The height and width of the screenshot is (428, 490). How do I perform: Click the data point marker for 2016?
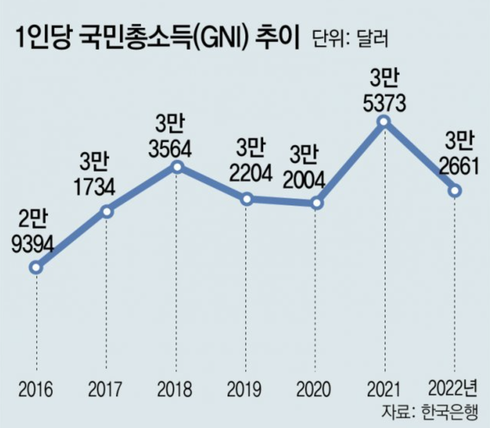point(36,267)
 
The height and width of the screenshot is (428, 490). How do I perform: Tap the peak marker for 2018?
point(177,167)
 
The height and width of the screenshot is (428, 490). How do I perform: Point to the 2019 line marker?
point(247,199)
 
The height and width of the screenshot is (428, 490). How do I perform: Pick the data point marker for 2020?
point(317,203)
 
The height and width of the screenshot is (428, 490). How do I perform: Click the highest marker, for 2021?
point(384,121)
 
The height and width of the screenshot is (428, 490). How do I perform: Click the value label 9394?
point(33,244)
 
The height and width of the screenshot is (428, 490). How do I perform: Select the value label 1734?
point(94,188)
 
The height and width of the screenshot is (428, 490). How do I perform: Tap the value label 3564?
point(170,149)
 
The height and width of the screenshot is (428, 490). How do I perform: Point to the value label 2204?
point(250,173)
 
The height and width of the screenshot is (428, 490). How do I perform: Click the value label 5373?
point(384,103)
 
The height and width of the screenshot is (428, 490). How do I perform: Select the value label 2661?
point(459,166)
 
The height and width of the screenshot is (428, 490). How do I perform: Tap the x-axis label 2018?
point(175,389)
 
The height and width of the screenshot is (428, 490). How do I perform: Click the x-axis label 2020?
point(314,389)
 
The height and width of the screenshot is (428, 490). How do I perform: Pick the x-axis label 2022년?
point(453,388)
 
